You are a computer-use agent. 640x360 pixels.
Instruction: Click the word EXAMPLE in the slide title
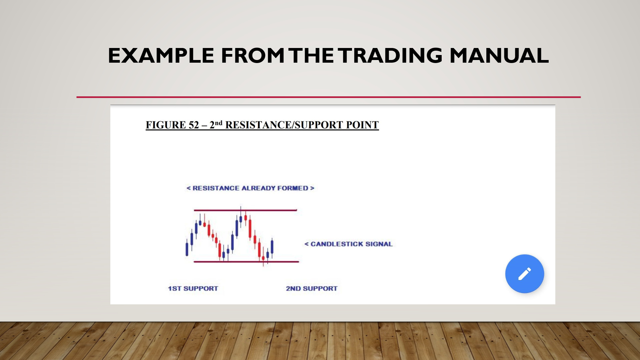pyautogui.click(x=161, y=55)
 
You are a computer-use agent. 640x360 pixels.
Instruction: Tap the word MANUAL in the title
pyautogui.click(x=499, y=55)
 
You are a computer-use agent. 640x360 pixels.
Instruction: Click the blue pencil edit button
pyautogui.click(x=525, y=274)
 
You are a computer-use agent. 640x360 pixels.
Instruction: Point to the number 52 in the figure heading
pyautogui.click(x=194, y=125)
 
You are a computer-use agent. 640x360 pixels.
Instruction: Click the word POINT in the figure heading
pyautogui.click(x=362, y=125)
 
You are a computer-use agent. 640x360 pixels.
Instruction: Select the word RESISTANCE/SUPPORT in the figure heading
pyautogui.click(x=284, y=125)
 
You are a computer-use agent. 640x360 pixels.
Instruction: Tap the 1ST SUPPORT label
pyautogui.click(x=193, y=288)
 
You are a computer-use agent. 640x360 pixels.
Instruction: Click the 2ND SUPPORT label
pyautogui.click(x=312, y=288)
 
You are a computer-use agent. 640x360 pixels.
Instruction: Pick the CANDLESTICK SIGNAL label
pyautogui.click(x=352, y=244)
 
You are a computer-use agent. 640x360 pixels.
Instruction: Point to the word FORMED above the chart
pyautogui.click(x=293, y=188)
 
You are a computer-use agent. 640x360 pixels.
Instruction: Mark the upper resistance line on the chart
pyautogui.click(x=245, y=210)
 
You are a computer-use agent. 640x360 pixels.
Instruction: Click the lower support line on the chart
pyautogui.click(x=246, y=262)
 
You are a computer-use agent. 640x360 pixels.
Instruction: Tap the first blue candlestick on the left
pyautogui.click(x=187, y=248)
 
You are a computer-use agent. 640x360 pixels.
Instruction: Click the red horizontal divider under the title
pyautogui.click(x=328, y=97)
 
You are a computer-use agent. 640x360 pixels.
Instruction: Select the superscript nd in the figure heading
pyautogui.click(x=218, y=123)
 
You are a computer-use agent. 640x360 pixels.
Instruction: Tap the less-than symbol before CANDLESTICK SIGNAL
pyautogui.click(x=306, y=244)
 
